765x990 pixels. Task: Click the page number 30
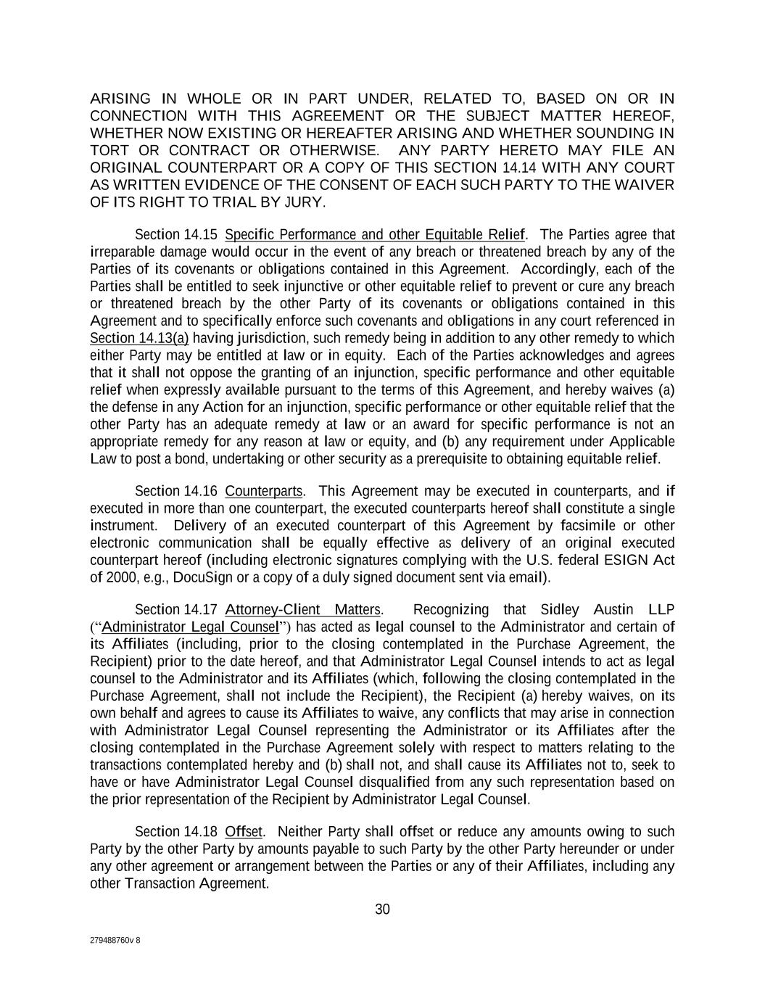click(x=382, y=909)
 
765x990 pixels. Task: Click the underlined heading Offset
click(x=244, y=831)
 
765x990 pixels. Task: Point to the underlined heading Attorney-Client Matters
click(x=302, y=609)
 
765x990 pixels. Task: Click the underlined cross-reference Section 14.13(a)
click(x=139, y=338)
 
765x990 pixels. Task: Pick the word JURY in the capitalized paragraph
click(x=305, y=202)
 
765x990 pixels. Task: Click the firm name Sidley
click(x=560, y=609)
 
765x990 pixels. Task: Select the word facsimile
click(x=588, y=525)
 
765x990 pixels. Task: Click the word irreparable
click(x=117, y=252)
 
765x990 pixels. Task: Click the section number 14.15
click(x=200, y=234)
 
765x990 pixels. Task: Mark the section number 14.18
click(x=200, y=831)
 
